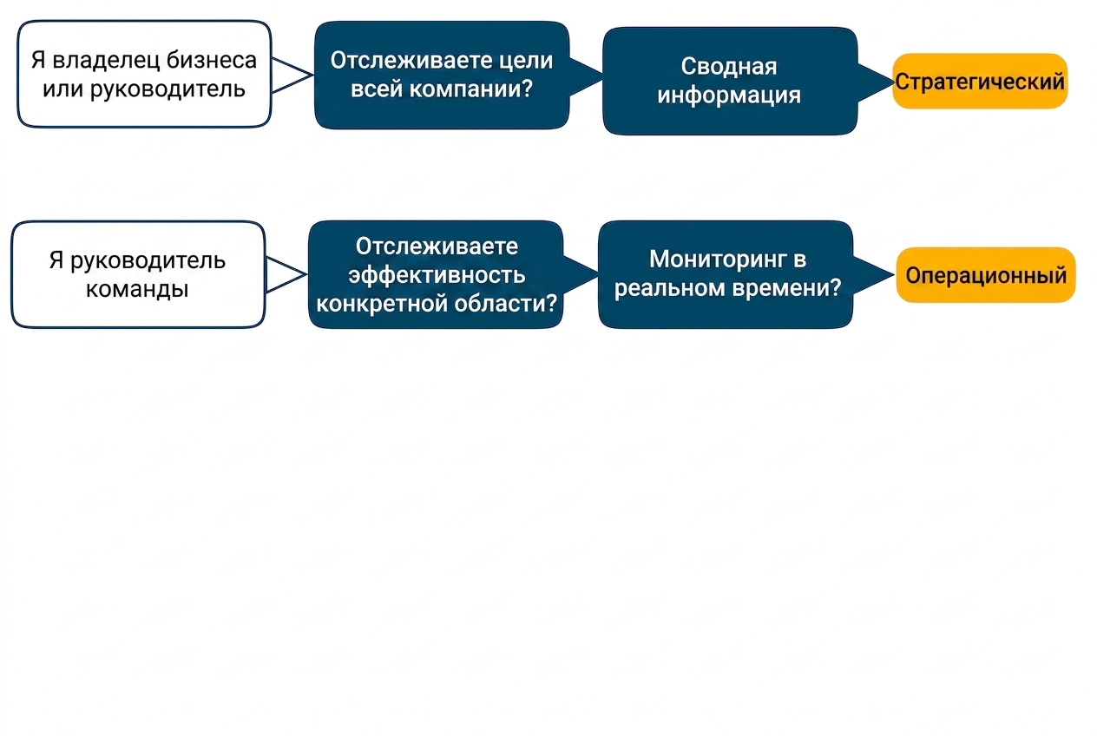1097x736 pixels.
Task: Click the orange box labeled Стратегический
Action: (980, 81)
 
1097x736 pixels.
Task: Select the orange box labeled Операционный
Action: (986, 275)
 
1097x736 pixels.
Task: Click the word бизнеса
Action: (212, 60)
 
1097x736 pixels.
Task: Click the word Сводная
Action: (729, 66)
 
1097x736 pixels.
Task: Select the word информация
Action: (729, 95)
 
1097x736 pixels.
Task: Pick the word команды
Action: (137, 289)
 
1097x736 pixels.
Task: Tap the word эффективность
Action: (437, 275)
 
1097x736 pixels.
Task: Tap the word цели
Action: (532, 61)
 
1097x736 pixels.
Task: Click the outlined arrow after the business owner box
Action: (292, 75)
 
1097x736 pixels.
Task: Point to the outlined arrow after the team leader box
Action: (286, 274)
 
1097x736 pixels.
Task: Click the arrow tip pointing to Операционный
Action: (894, 275)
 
